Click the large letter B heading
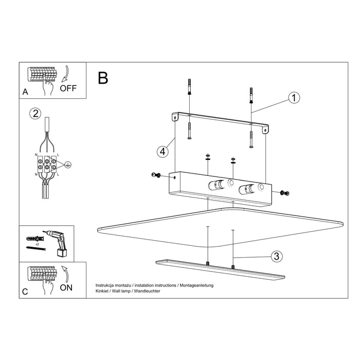click(103, 78)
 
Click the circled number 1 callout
click(294, 98)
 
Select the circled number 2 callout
click(34, 114)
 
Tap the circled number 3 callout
click(276, 256)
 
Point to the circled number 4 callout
click(162, 151)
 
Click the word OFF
click(68, 88)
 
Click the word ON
click(66, 287)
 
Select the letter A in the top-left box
click(25, 92)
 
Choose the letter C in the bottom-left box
click(25, 292)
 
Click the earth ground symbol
click(67, 165)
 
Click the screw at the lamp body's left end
click(156, 176)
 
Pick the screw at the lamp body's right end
click(285, 192)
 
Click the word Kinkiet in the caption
click(103, 292)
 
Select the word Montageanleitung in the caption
click(196, 285)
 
